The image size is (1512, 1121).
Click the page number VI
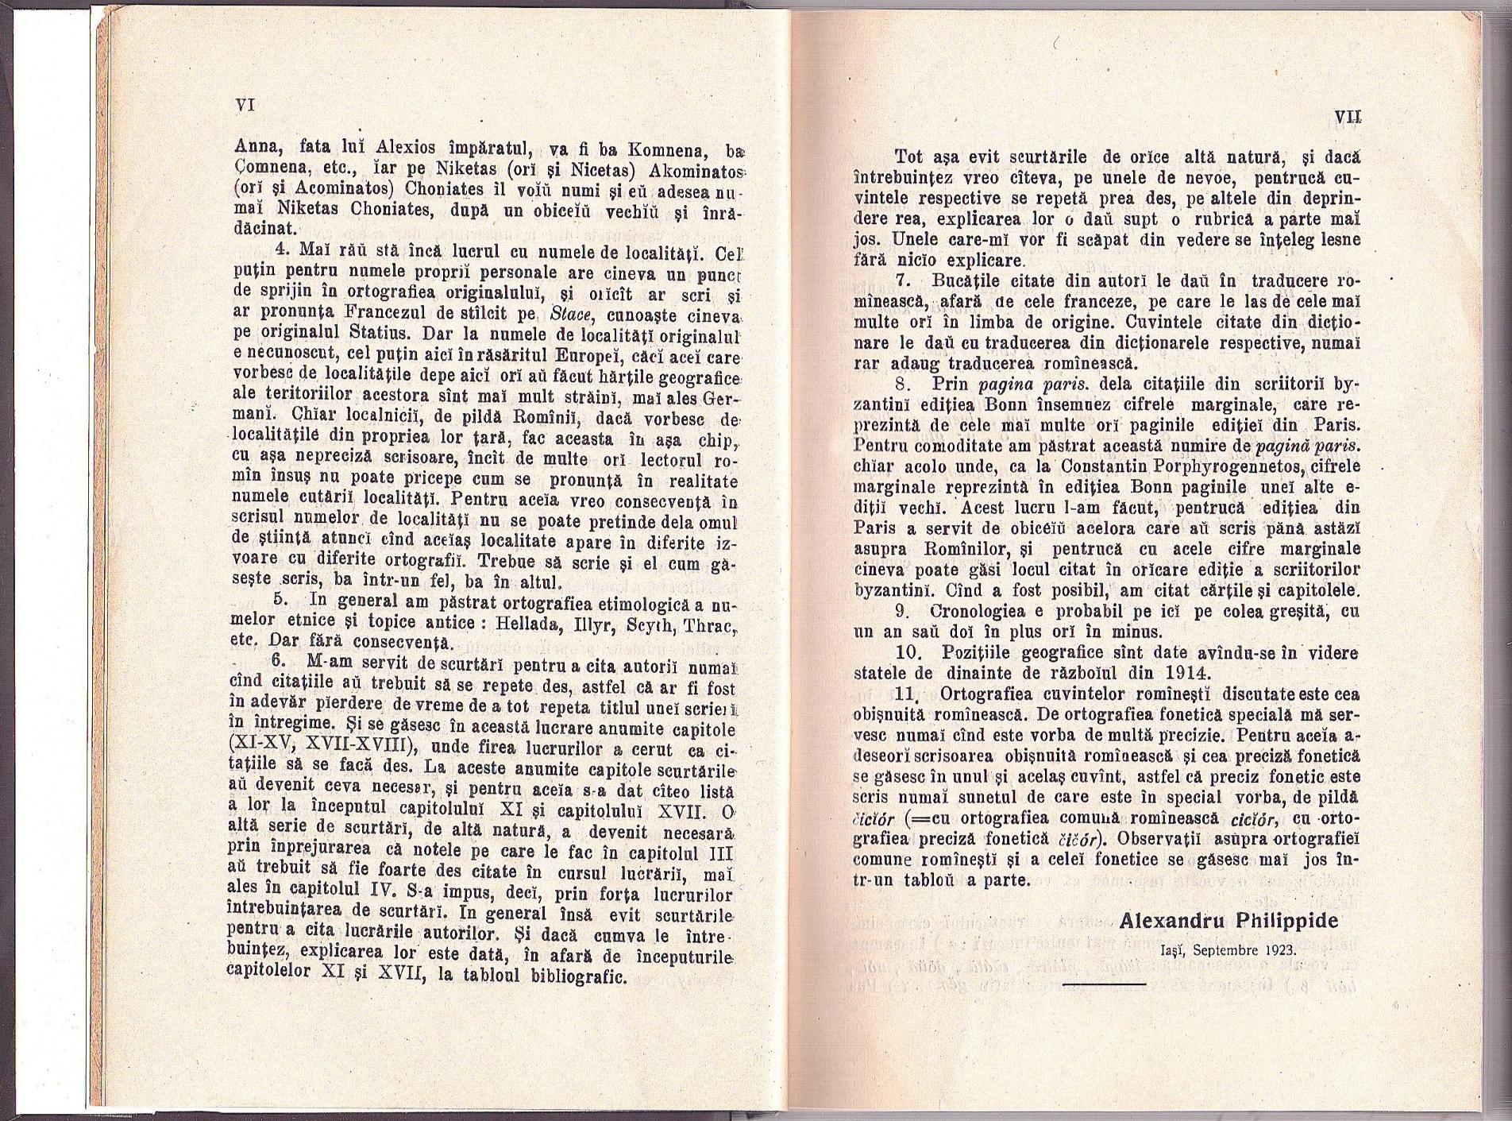click(244, 104)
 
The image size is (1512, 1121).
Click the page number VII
click(1348, 117)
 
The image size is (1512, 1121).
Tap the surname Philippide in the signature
click(1286, 921)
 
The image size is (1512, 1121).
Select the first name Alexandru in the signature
click(1172, 921)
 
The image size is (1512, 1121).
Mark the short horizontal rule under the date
click(1103, 984)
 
